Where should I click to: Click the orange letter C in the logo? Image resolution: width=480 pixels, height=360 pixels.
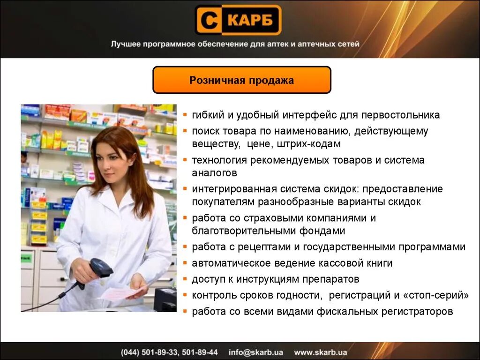pos(208,20)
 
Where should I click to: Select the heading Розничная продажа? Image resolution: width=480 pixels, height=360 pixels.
pos(241,81)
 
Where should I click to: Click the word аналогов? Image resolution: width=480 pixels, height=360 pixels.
pos(214,173)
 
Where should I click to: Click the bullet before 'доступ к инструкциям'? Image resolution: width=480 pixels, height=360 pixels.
pos(186,279)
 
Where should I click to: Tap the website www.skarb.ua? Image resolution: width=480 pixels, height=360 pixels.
pos(321,352)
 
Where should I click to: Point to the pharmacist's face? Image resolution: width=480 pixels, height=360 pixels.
pos(110,157)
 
